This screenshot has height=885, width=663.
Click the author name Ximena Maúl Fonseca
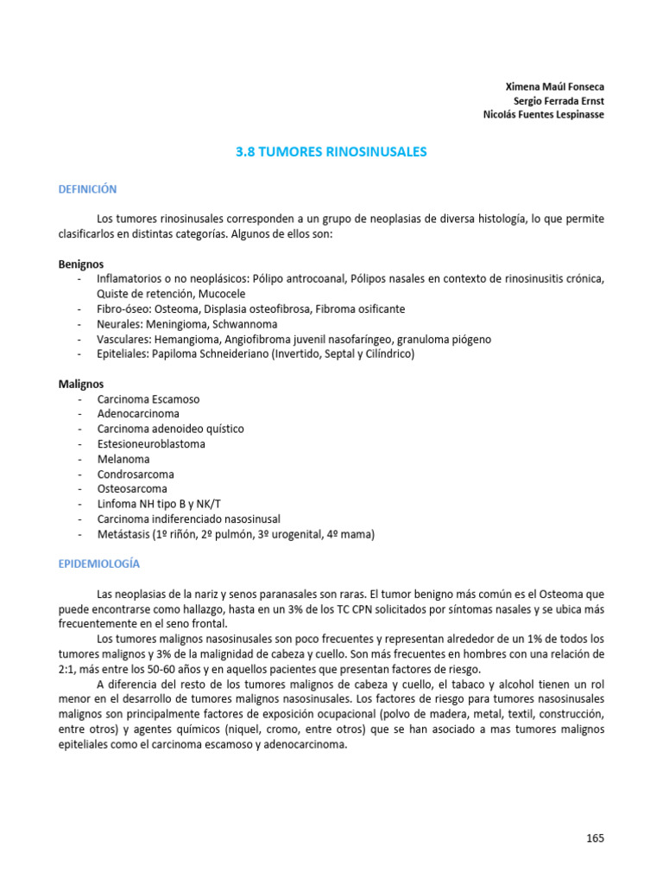[x=554, y=86]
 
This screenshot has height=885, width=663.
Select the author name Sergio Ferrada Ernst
[x=559, y=101]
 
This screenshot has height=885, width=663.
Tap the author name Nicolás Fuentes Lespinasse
[x=543, y=116]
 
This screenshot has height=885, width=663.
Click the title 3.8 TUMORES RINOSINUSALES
[x=331, y=152]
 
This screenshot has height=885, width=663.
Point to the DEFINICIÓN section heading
[x=87, y=189]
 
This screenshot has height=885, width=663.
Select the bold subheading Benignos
[x=81, y=264]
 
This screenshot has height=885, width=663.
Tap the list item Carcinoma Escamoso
[x=148, y=399]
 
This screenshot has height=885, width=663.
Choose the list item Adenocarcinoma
[x=138, y=414]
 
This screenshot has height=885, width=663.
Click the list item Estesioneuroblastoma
[x=151, y=444]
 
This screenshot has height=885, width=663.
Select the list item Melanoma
[x=123, y=459]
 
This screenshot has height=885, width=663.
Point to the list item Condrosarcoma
[x=136, y=474]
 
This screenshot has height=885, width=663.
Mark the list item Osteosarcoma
[x=132, y=489]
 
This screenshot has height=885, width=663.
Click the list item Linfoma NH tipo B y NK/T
[x=153, y=504]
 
